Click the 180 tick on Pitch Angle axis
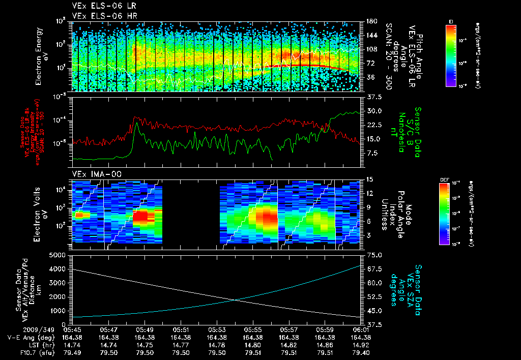pos(371,21)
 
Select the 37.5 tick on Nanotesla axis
pos(374,97)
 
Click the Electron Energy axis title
pos(42,56)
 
